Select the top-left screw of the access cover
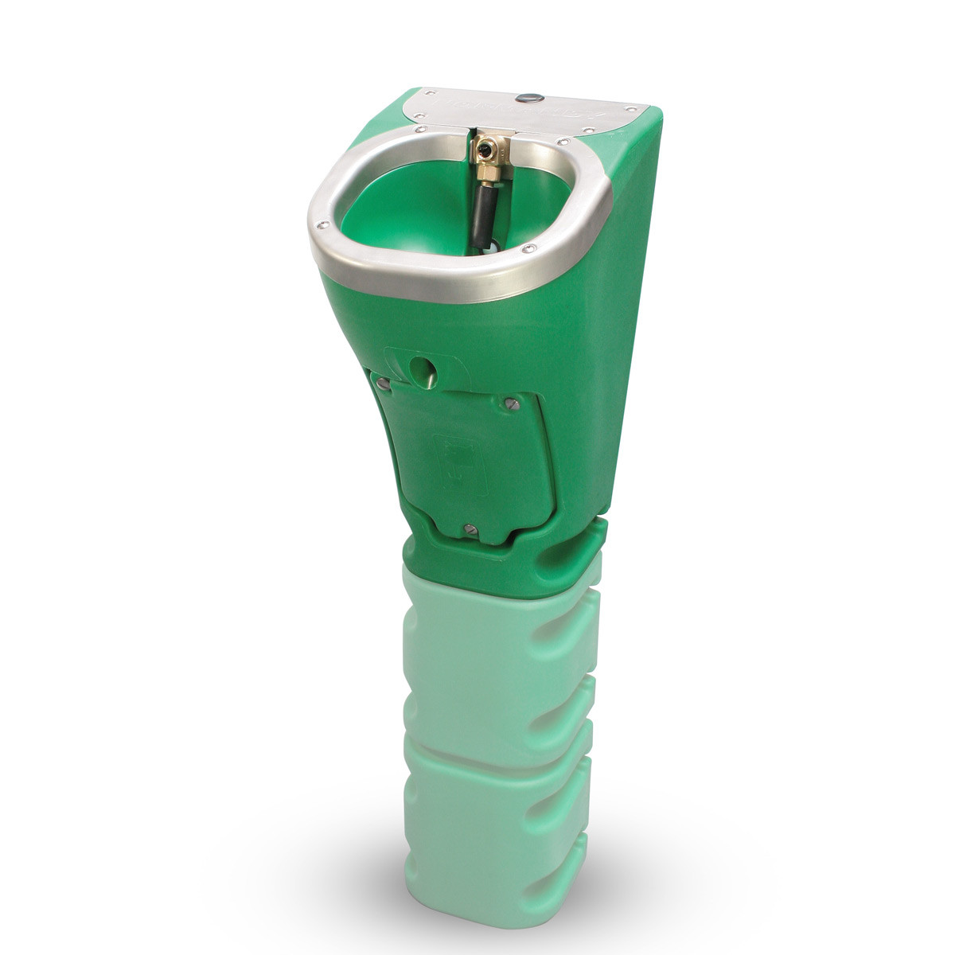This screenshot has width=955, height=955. coord(384,384)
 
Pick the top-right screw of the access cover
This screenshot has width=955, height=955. coord(513,405)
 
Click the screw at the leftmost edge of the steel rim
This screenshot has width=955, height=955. coord(322,224)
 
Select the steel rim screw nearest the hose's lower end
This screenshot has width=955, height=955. coord(526,250)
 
